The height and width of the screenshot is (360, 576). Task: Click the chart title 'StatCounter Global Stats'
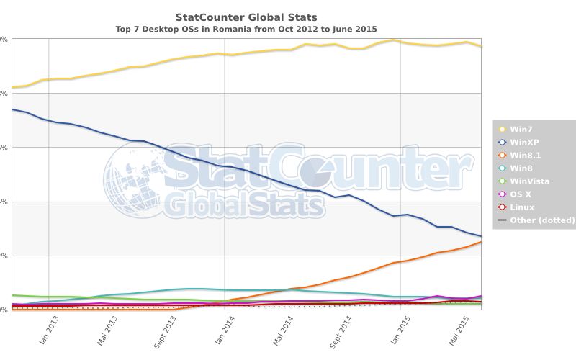click(246, 17)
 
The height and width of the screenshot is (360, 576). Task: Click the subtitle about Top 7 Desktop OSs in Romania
click(246, 30)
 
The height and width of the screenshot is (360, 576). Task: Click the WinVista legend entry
click(528, 181)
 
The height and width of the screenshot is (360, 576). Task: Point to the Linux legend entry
click(521, 207)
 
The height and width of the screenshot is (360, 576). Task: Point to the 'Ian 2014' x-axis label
click(224, 330)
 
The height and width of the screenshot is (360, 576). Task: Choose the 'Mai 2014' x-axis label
click(282, 332)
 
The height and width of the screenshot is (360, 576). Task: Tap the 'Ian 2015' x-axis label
click(400, 330)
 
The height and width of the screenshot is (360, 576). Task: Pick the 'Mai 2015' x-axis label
click(459, 332)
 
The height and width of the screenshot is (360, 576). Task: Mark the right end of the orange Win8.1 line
click(481, 242)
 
